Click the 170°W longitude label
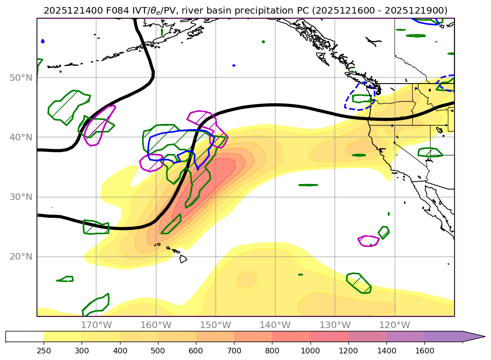tap(97, 325)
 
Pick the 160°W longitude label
tap(156, 325)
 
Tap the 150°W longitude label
tap(216, 325)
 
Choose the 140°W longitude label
tap(275, 325)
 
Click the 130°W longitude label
tap(335, 325)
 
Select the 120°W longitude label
tap(394, 325)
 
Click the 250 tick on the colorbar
tap(44, 350)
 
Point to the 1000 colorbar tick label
tap(310, 350)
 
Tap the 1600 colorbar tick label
tap(424, 350)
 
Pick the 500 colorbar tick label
tap(158, 350)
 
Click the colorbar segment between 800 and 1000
tap(291, 337)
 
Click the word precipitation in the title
tap(280, 10)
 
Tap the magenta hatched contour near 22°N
tap(369, 241)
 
